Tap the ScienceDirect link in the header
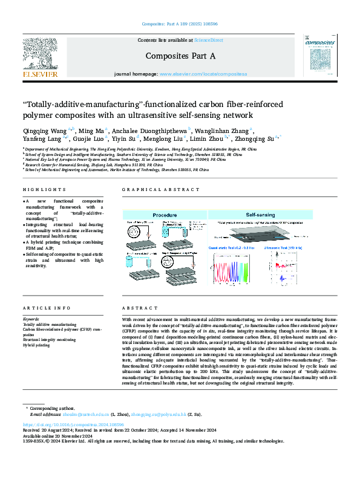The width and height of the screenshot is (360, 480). click(x=208, y=40)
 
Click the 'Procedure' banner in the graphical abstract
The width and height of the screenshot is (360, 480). click(x=165, y=215)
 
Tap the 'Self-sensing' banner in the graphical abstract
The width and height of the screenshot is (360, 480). click(x=260, y=215)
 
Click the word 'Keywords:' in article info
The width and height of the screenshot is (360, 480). click(x=31, y=319)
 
